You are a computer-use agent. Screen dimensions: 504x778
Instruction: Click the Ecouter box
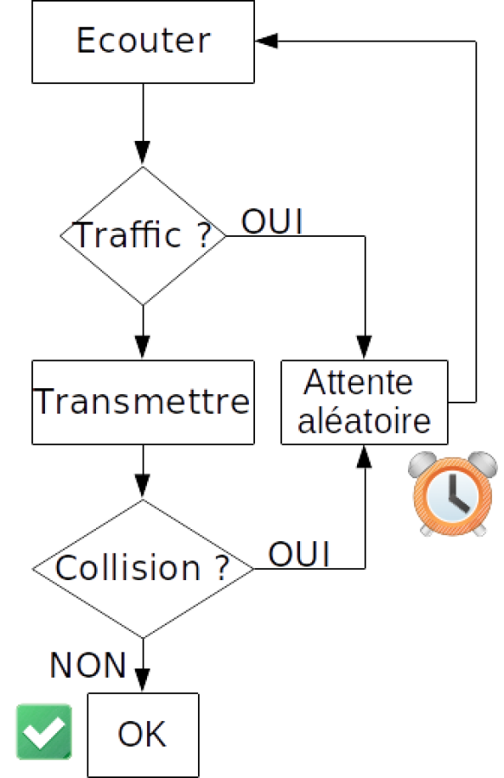(x=143, y=42)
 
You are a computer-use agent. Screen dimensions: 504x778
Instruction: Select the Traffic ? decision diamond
(x=143, y=235)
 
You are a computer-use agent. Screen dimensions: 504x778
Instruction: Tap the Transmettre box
(x=143, y=402)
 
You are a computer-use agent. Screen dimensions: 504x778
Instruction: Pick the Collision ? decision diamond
(x=143, y=568)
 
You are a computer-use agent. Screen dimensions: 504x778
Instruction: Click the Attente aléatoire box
(x=365, y=402)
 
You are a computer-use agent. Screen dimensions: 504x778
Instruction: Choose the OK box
(x=143, y=735)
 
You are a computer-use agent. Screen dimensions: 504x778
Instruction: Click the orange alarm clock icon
(x=452, y=493)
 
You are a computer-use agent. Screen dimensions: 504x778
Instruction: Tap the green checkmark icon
(x=44, y=731)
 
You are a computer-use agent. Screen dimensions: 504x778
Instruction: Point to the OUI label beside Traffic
(x=272, y=222)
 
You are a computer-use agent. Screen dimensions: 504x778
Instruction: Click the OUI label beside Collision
(x=299, y=554)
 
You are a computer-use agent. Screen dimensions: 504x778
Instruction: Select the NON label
(x=88, y=665)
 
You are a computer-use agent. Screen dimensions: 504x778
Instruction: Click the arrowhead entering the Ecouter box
(x=267, y=41)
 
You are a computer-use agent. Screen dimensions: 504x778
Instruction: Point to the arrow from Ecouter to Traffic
(x=143, y=123)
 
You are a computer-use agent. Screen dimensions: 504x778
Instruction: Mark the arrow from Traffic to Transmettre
(x=143, y=332)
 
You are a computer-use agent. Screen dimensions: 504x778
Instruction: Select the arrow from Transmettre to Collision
(x=143, y=471)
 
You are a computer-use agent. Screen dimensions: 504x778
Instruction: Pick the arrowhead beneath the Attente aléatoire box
(x=365, y=456)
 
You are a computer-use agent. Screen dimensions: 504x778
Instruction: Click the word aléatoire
(x=364, y=420)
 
